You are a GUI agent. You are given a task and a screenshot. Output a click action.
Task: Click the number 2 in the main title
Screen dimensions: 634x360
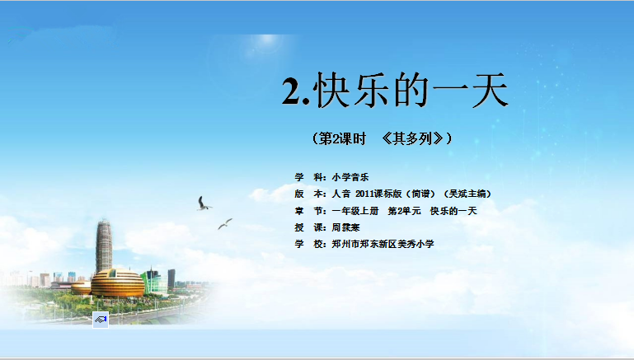point(291,91)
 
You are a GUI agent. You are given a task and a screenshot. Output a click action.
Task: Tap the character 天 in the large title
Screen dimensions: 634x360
point(490,90)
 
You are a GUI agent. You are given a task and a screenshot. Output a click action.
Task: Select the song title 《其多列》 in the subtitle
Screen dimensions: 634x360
point(412,138)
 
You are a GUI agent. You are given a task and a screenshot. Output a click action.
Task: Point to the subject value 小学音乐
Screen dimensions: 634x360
point(350,177)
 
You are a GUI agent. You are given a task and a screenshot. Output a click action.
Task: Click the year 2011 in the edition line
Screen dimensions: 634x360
point(364,194)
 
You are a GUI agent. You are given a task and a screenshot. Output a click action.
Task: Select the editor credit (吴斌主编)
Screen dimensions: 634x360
point(467,194)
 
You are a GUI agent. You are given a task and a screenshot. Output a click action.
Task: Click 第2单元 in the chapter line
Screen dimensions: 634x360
point(404,211)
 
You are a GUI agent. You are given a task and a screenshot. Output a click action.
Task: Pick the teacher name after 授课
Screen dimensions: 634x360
point(345,227)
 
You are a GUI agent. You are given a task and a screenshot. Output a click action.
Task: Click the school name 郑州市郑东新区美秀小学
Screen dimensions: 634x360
point(383,244)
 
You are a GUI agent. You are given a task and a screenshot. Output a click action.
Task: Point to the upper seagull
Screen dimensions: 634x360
point(203,203)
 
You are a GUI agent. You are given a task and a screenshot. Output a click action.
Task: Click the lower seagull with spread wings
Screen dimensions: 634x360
point(225,224)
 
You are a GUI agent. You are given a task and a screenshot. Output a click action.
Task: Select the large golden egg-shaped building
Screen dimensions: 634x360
point(117,283)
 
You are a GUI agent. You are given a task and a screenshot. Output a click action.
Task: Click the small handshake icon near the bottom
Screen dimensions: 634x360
point(101,320)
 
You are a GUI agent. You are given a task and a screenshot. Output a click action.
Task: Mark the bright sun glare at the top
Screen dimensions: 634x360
point(266,44)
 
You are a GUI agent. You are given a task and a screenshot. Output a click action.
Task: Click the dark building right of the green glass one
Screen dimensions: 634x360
point(171,278)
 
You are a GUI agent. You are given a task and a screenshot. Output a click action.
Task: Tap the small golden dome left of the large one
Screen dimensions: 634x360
point(82,288)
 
